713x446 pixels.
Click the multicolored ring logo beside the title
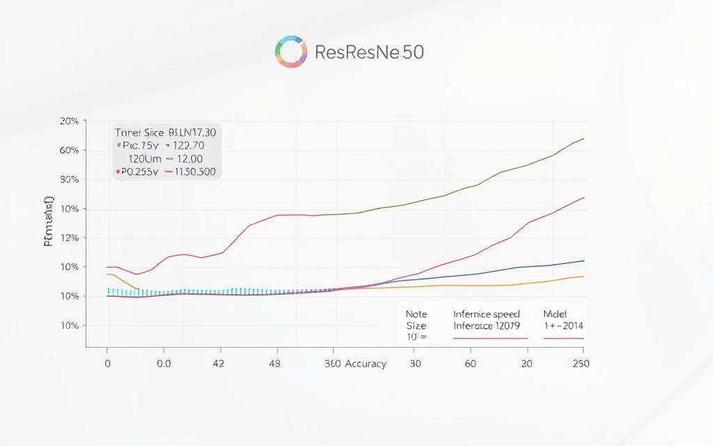pos(291,52)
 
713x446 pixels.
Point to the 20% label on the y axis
pos(69,121)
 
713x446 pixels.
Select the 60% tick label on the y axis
pos(69,151)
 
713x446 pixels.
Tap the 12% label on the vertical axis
pos(69,238)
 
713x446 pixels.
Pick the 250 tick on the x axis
pos(579,364)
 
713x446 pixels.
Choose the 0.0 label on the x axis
pos(164,364)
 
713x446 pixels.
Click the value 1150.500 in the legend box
pos(192,171)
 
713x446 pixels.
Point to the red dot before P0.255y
pos(116,171)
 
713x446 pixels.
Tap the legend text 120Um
pos(142,159)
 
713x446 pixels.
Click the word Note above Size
pos(416,314)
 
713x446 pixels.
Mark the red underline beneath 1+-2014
pos(563,338)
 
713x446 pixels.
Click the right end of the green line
pos(583,138)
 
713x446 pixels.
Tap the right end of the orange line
pos(583,277)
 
